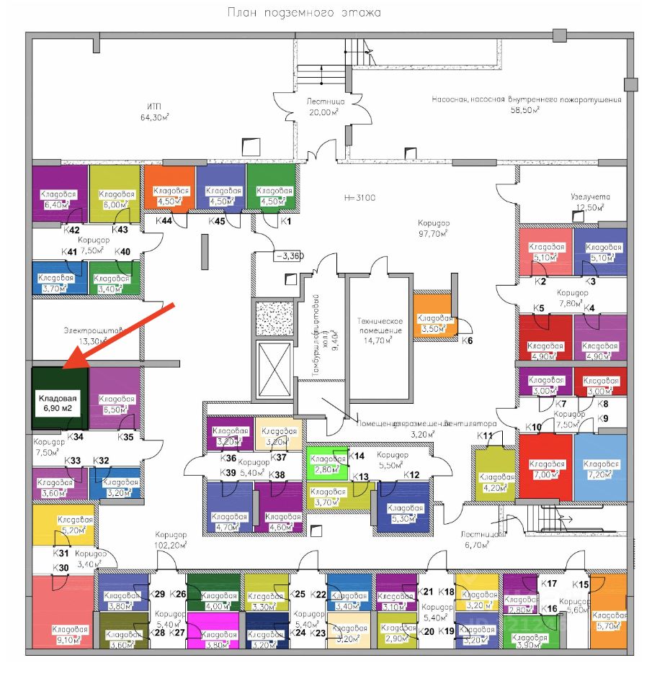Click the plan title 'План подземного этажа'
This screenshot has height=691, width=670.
pos(303,12)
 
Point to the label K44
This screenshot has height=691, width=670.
pos(164,221)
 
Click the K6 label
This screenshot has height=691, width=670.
pos(468,340)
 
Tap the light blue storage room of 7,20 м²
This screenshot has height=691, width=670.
pos(599,468)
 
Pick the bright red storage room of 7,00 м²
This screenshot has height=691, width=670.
pos(545,468)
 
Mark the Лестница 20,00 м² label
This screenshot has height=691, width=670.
pos(324,107)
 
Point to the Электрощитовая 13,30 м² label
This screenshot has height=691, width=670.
pos(84,335)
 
